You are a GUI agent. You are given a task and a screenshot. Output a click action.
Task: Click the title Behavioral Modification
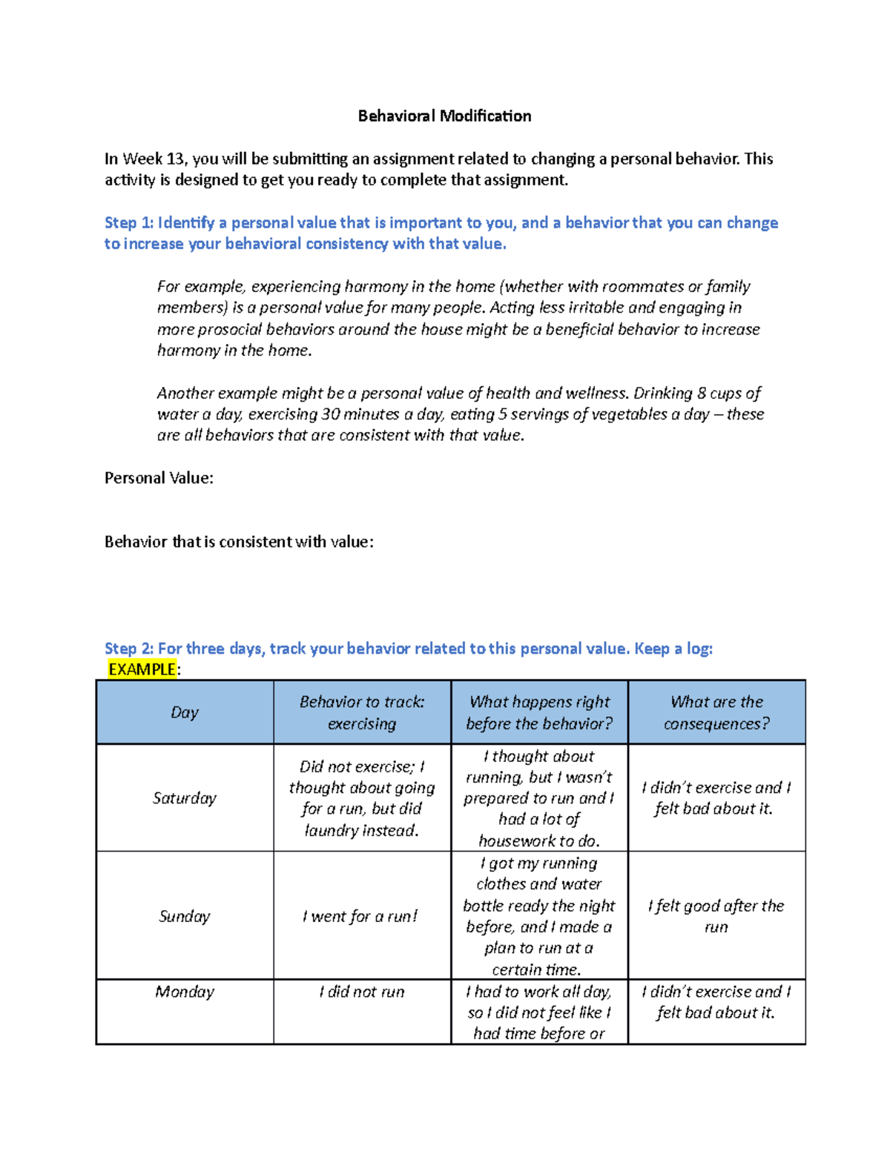click(x=444, y=116)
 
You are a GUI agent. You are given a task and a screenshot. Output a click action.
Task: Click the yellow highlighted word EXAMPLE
click(x=142, y=669)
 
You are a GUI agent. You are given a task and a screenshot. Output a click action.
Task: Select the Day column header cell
click(x=185, y=712)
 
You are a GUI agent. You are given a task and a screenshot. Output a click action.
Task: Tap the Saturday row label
click(x=185, y=797)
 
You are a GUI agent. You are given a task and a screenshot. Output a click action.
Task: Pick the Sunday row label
click(x=185, y=916)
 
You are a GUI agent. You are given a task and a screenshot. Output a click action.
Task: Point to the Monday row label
click(x=185, y=992)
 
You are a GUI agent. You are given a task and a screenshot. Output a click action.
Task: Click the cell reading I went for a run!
click(x=361, y=916)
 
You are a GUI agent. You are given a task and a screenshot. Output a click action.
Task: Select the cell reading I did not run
click(x=361, y=992)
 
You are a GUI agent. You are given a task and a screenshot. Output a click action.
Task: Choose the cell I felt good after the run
click(x=716, y=916)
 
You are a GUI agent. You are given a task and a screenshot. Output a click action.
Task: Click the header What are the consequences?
click(x=716, y=712)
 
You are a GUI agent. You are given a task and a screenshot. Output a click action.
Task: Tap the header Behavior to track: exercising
click(x=361, y=712)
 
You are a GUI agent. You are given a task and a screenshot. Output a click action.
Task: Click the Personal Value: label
click(x=159, y=478)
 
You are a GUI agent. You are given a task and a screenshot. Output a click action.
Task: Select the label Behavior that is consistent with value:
click(x=239, y=542)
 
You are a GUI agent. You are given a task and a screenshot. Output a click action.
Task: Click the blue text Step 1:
click(x=129, y=223)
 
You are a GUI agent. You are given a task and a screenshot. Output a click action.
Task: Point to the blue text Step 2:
click(x=129, y=649)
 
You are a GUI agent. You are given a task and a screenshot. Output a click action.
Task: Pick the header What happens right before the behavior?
click(x=539, y=712)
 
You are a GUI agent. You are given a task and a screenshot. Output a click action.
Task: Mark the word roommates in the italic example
click(x=642, y=287)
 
